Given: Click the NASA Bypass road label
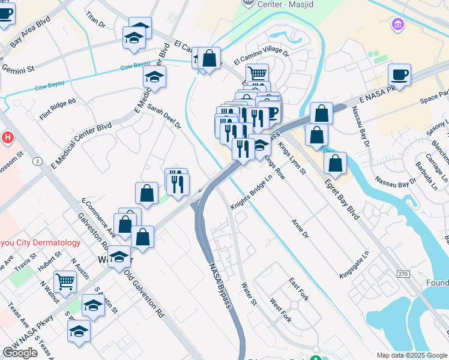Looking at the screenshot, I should click(x=219, y=287).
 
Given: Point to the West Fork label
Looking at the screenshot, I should click(x=280, y=310).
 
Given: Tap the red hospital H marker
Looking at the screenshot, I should click(x=7, y=137).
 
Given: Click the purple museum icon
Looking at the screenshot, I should click(x=397, y=25).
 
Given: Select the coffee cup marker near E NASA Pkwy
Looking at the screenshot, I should click(x=399, y=74).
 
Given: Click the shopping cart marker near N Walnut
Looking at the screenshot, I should click(x=65, y=280).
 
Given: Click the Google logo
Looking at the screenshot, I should click(x=20, y=353).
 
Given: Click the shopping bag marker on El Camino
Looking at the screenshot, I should click(x=209, y=58).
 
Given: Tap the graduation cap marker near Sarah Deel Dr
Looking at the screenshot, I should click(x=155, y=77).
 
